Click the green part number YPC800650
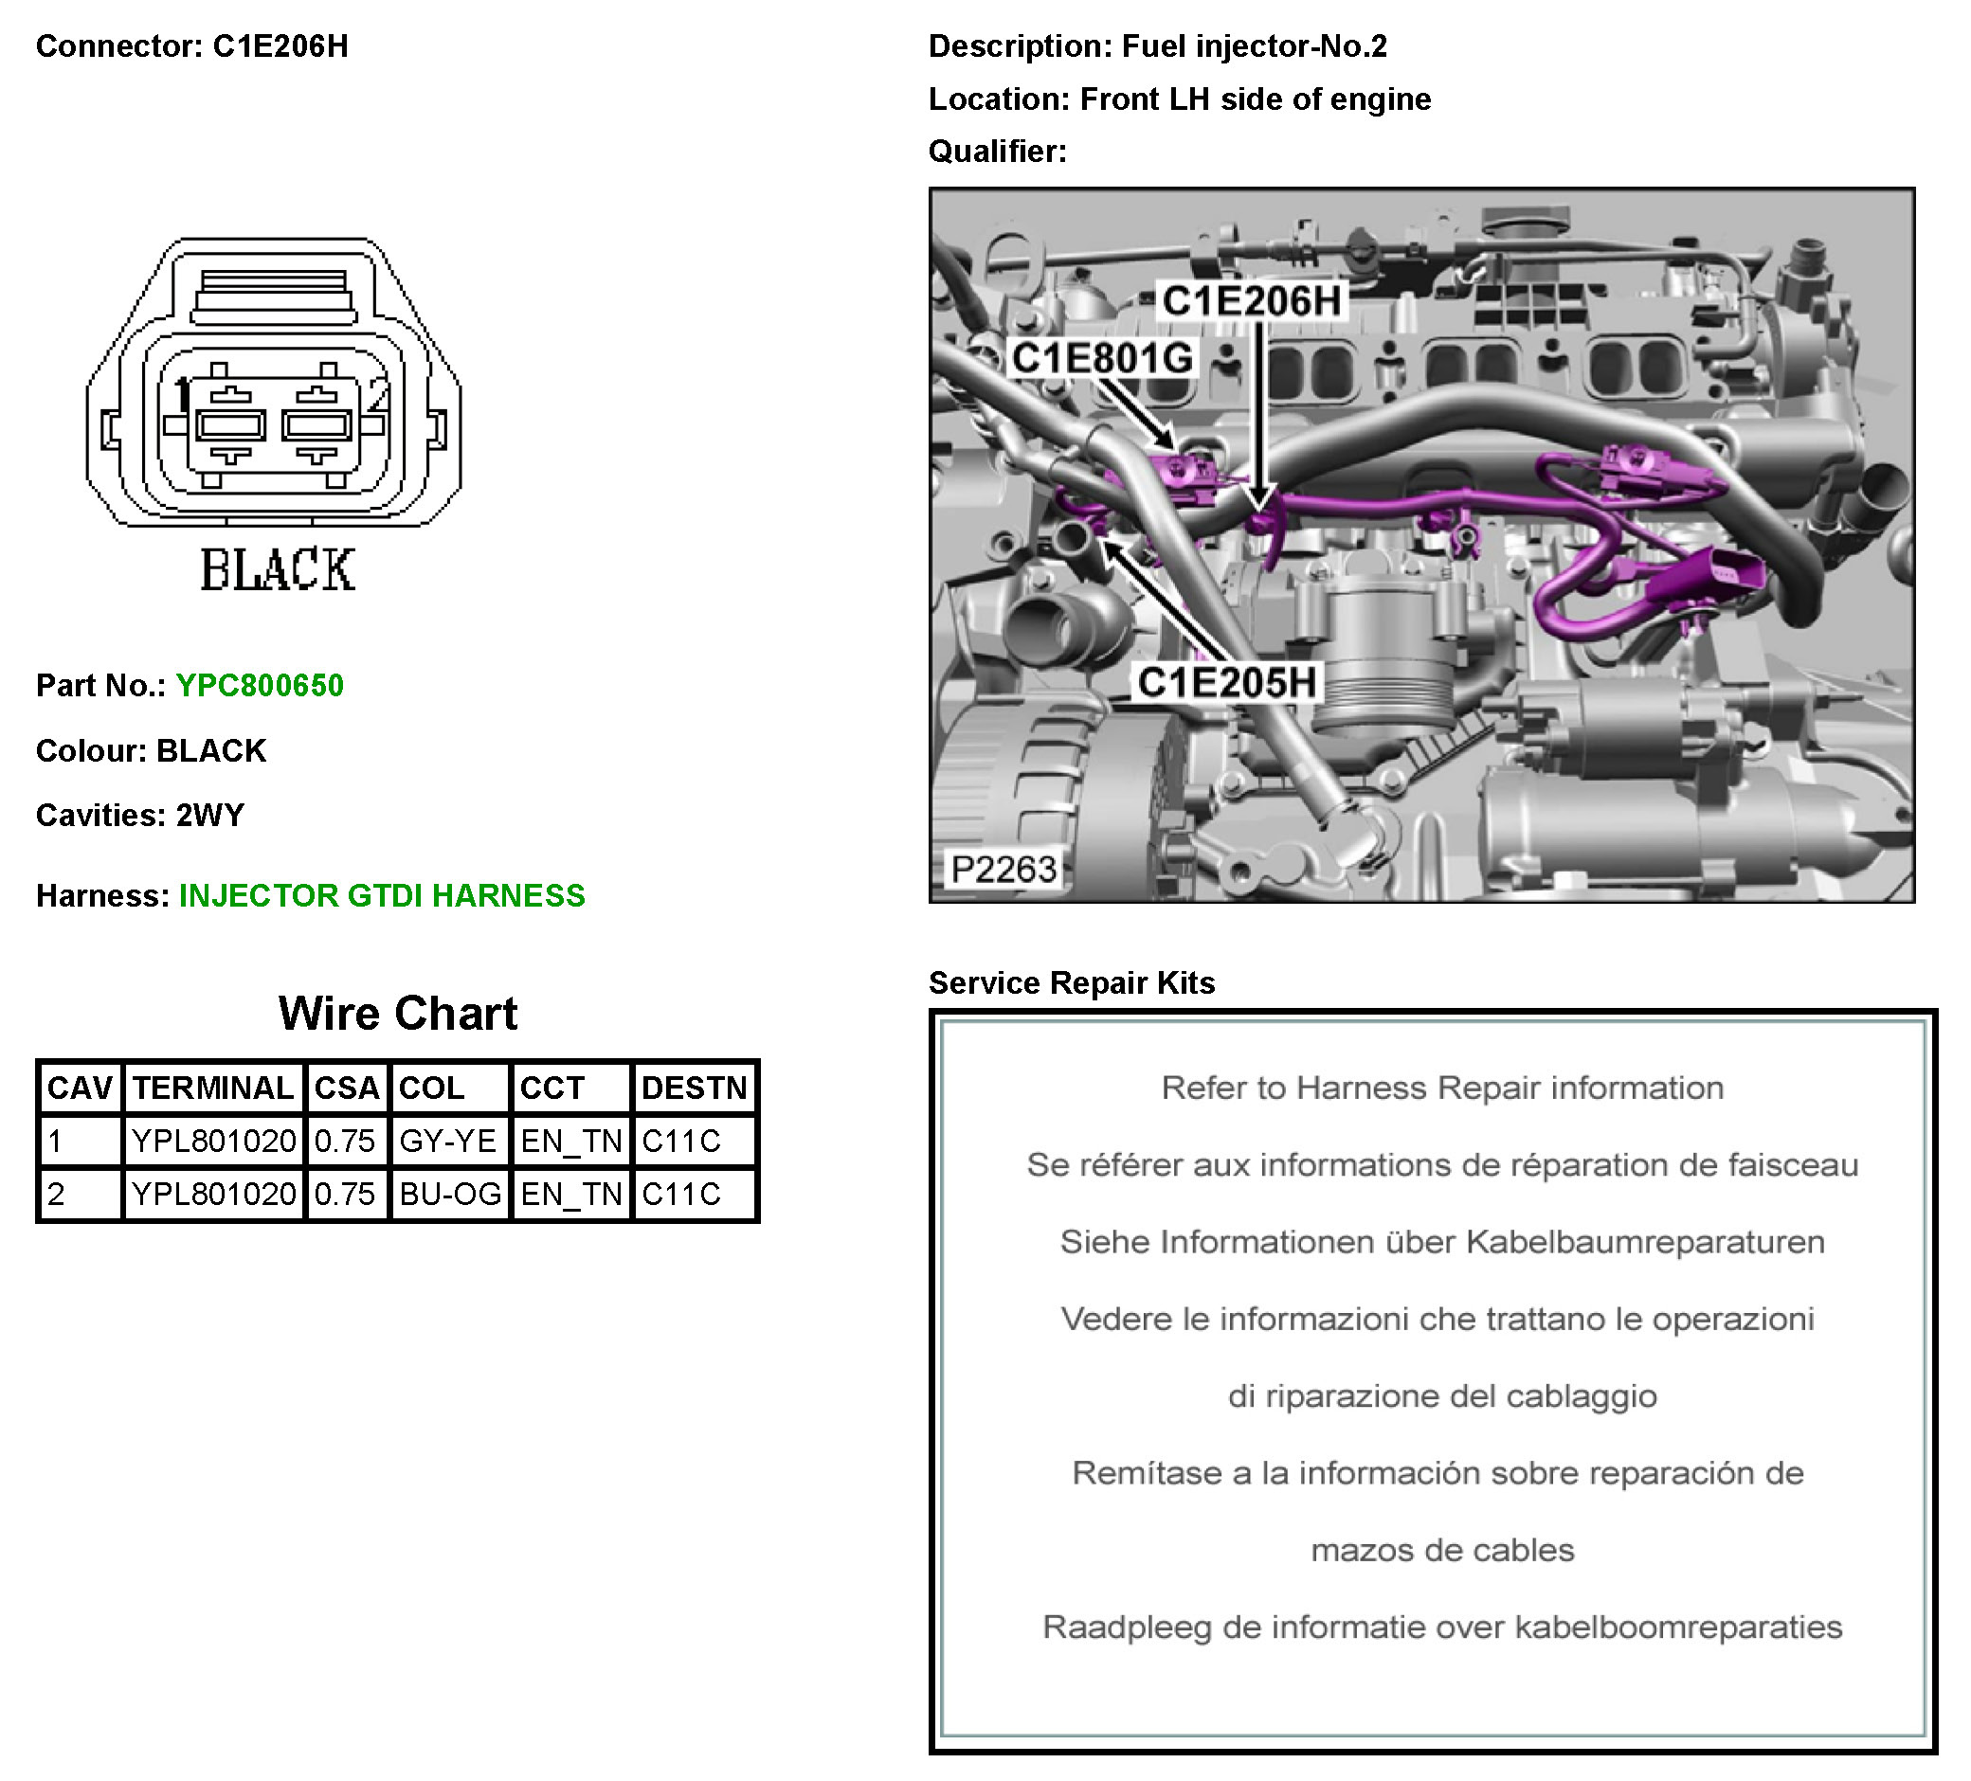pos(259,685)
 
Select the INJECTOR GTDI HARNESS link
pos(381,895)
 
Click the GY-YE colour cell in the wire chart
pos(448,1141)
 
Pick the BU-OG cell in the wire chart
pos(450,1194)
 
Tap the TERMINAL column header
pos(213,1088)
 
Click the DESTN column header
pos(694,1088)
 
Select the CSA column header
pos(346,1088)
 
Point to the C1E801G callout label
pos(1101,358)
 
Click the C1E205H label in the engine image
pos(1226,682)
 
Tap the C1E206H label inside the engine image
pos(1251,301)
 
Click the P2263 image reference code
pos(1004,869)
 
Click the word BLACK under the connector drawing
pos(277,570)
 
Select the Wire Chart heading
pos(397,1014)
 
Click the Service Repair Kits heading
pos(1071,982)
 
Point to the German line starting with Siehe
pos(1441,1241)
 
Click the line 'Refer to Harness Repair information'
pos(1441,1088)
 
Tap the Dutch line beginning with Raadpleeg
pos(1441,1627)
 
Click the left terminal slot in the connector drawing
pos(230,425)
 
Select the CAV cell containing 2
pos(57,1194)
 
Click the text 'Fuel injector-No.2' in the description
pos(1254,45)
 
